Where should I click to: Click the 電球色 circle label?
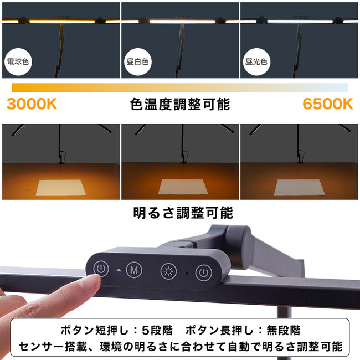(x=18, y=61)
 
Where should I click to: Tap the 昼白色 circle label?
(x=137, y=61)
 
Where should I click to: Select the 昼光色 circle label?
(x=256, y=61)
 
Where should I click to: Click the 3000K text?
(x=32, y=104)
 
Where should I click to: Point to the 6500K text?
(x=328, y=104)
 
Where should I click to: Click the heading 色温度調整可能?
(x=180, y=104)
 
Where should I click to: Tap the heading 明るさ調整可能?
(x=183, y=213)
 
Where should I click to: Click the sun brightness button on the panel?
(x=168, y=271)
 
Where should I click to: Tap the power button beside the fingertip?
(x=101, y=268)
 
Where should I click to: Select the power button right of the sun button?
(x=203, y=272)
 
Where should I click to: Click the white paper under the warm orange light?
(x=61, y=188)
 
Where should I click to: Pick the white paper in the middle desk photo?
(x=183, y=187)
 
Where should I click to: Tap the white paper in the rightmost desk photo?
(x=300, y=187)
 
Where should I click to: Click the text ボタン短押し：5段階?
(x=116, y=331)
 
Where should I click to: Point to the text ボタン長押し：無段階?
(x=243, y=331)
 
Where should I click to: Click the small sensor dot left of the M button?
(x=119, y=270)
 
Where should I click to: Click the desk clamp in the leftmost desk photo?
(x=61, y=157)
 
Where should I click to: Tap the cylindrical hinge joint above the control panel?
(x=239, y=246)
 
